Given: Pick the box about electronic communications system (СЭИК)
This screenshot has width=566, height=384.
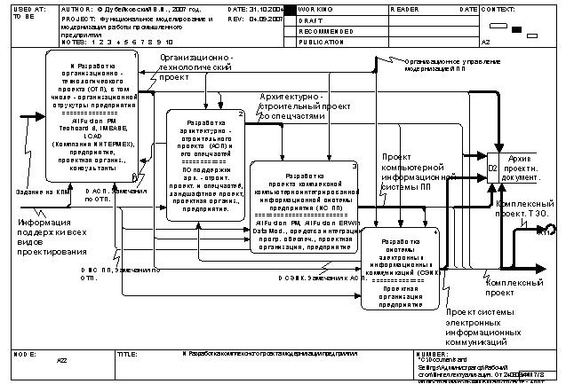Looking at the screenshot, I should click(400, 268).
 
